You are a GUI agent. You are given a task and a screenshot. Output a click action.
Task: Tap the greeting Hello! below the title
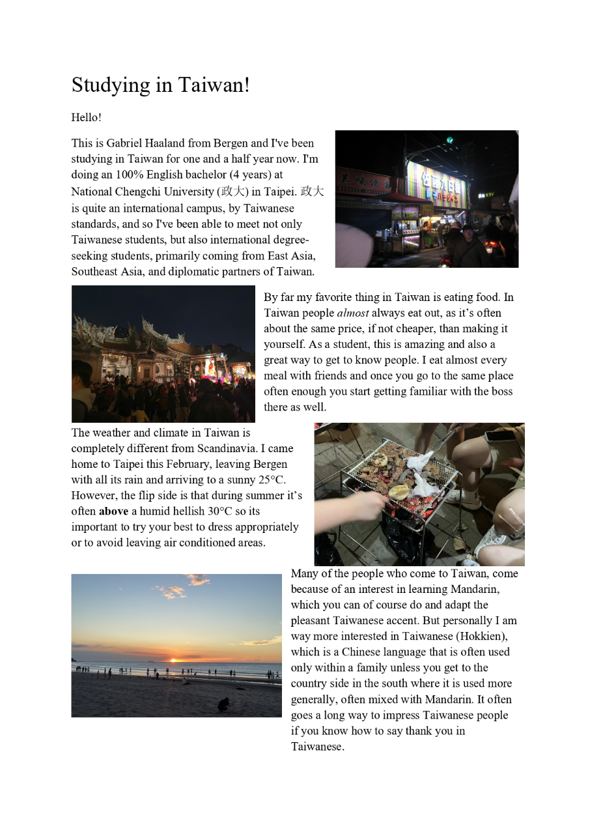click(x=86, y=118)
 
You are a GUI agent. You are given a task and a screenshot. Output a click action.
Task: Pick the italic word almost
click(x=352, y=313)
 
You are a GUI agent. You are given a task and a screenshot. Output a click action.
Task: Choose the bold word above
click(x=113, y=511)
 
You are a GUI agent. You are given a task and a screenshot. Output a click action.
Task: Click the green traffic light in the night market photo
click(x=449, y=140)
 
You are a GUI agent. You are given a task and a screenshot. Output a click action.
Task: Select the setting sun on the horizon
click(x=173, y=660)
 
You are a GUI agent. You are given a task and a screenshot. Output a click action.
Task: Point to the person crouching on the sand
click(x=223, y=704)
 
